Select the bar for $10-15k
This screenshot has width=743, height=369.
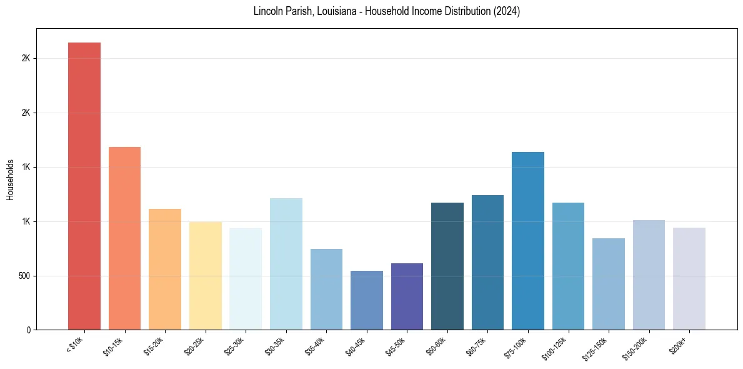[124, 238]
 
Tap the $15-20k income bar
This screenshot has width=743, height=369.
[165, 270]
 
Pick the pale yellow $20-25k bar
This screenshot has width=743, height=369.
[205, 276]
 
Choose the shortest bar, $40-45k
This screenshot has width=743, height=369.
[366, 300]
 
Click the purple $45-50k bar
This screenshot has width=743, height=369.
[407, 296]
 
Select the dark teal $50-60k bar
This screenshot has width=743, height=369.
[447, 266]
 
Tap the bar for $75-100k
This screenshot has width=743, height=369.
[528, 241]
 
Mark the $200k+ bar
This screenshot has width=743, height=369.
[689, 279]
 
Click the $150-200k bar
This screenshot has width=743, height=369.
[649, 275]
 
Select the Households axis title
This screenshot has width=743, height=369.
[10, 179]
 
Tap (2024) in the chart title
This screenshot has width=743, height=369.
[506, 12]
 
